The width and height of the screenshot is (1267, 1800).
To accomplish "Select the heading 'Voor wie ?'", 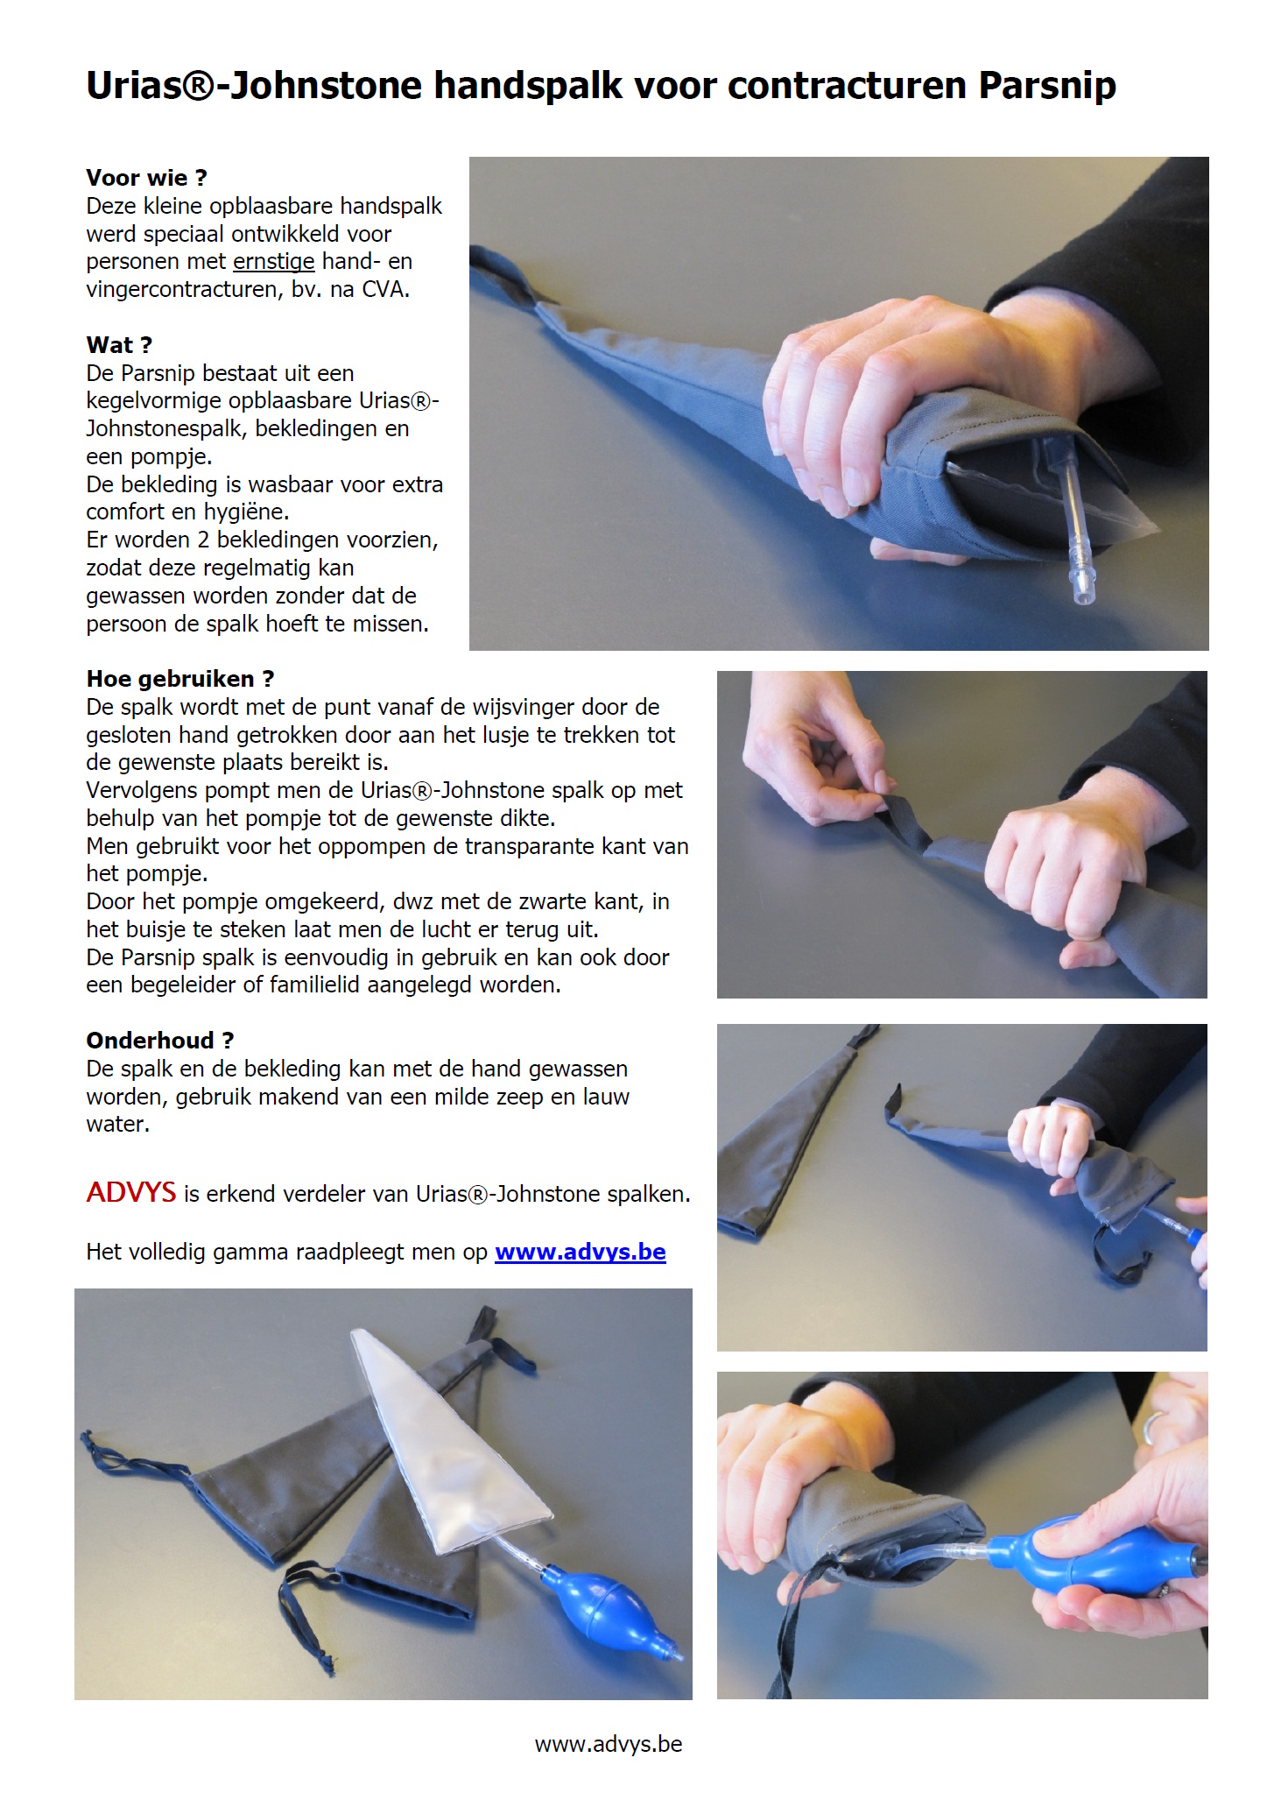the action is coord(146,178).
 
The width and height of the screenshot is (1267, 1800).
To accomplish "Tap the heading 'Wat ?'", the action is coord(119,345).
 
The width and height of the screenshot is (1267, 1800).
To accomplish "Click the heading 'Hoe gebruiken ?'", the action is coord(180,679).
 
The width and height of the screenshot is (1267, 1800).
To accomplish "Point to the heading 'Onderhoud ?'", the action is coord(159,1041).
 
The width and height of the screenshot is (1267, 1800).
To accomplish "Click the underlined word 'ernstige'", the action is coord(274,262).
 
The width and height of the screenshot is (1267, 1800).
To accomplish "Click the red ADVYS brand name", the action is coord(131,1192).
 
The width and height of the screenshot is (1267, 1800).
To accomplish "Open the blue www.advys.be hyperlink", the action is coord(581,1253).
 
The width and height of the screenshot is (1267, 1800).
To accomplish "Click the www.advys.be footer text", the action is coord(609,1745).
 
